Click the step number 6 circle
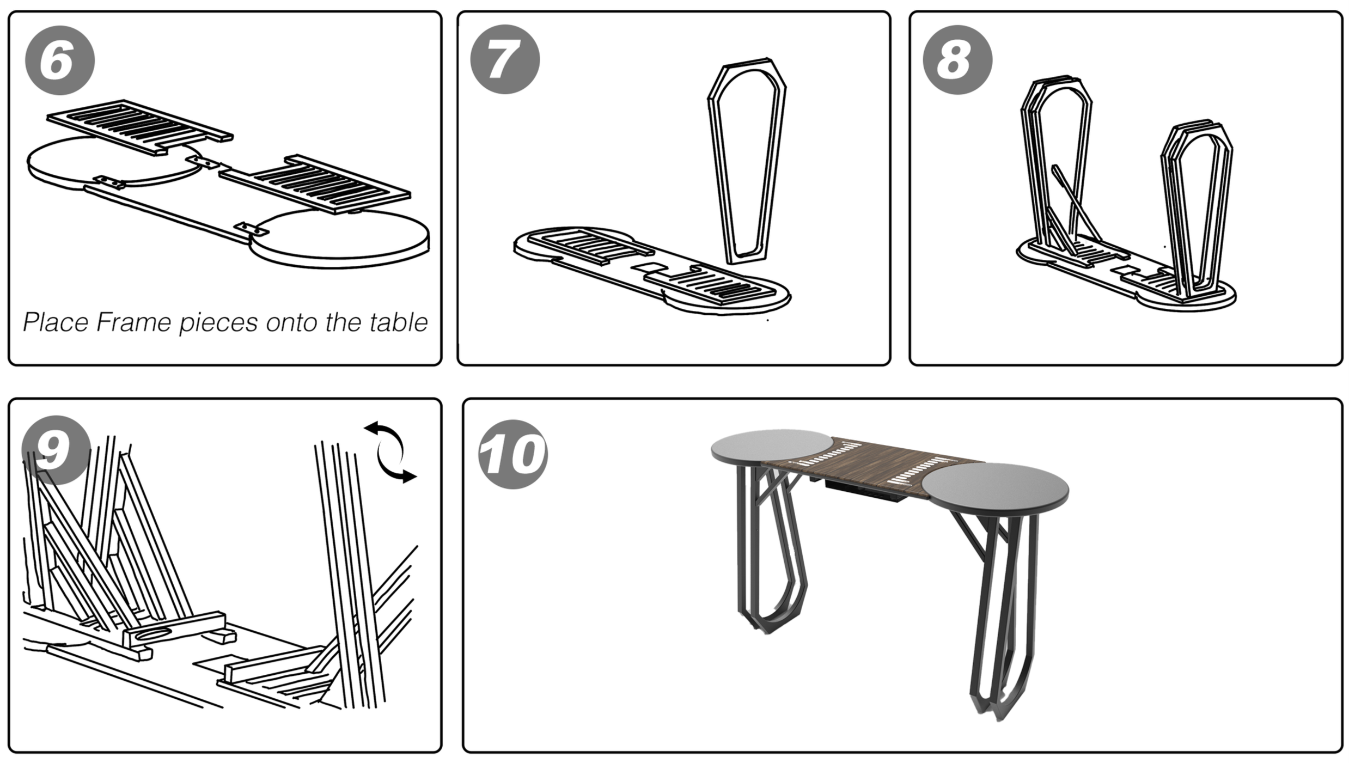tap(60, 60)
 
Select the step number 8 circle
tap(957, 60)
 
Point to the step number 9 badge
tap(56, 450)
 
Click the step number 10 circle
tap(513, 454)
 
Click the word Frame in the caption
tap(134, 322)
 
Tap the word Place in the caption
tap(56, 323)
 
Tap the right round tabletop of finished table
tap(994, 487)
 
